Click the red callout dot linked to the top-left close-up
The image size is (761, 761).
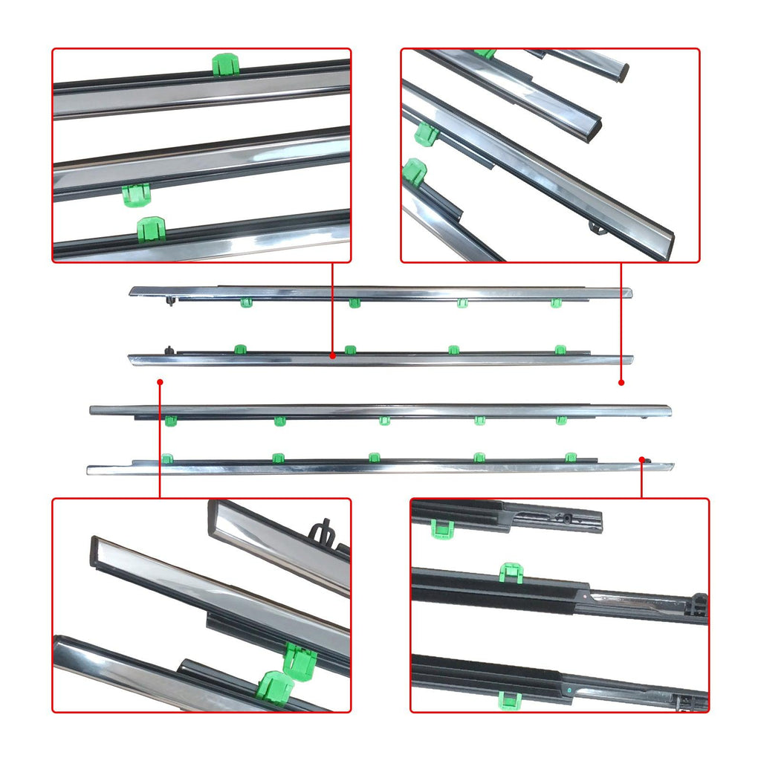[332, 357]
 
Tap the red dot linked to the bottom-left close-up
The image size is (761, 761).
[160, 382]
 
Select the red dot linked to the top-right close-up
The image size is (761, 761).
[621, 382]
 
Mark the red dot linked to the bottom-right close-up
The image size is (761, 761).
[642, 459]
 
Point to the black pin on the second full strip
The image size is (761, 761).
[170, 349]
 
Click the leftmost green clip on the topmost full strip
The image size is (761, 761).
[246, 302]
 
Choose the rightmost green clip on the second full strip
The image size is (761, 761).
[560, 349]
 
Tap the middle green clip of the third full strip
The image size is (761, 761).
[384, 421]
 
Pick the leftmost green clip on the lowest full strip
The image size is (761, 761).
[168, 458]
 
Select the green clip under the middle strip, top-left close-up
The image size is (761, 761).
[136, 195]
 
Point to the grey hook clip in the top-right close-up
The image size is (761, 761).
[596, 224]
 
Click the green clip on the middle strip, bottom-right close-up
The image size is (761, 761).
[511, 572]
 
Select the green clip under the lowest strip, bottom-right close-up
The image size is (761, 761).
[510, 699]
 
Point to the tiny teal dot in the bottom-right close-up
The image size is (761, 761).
[569, 690]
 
